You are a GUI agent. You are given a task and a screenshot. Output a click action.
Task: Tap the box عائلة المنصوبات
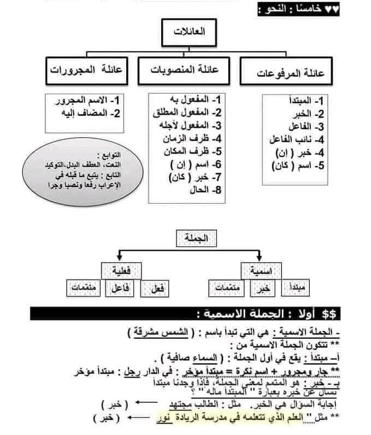(x=185, y=70)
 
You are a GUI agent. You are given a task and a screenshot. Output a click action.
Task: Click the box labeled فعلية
(x=121, y=269)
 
